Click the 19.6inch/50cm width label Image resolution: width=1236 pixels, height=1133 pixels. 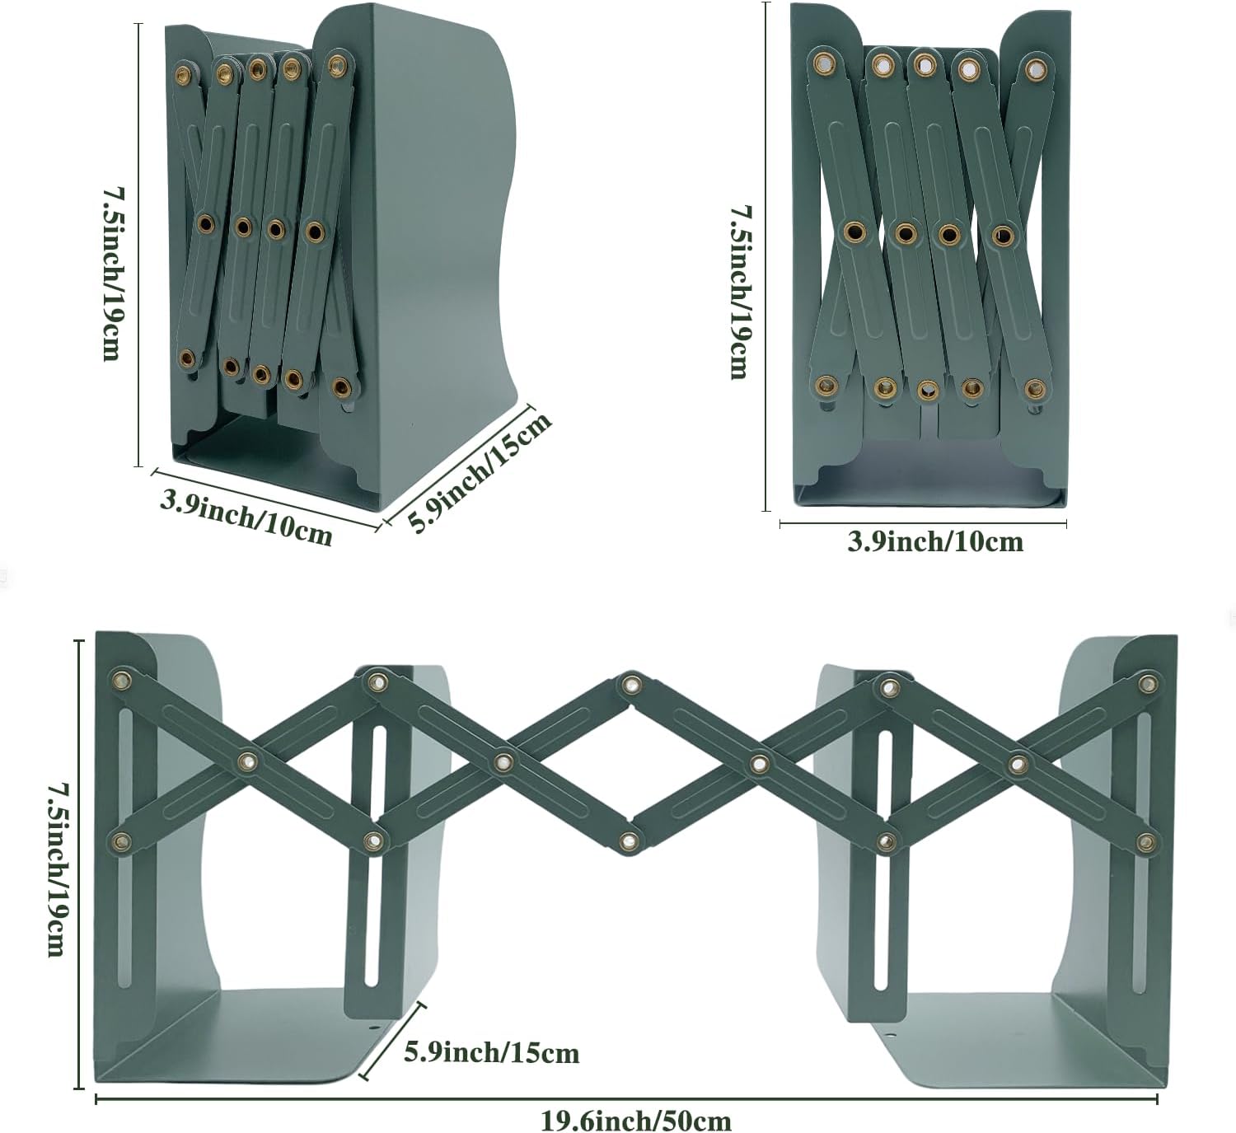point(635,1120)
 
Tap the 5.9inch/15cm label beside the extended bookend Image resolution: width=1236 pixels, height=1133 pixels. point(491,1052)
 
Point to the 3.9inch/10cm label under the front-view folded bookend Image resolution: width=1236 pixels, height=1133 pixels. point(935,541)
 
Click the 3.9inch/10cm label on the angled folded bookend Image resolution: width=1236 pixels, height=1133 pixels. point(246,517)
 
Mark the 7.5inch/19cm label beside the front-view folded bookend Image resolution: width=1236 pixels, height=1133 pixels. point(738,292)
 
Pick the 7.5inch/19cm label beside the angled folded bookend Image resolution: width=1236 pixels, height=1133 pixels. point(112,274)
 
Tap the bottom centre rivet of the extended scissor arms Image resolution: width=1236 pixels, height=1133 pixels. point(630,841)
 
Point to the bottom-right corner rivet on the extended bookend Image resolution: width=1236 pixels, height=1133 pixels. point(1146,841)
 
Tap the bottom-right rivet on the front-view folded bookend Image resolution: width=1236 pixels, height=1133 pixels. point(1034,388)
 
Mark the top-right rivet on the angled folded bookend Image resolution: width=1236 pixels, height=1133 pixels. point(335,63)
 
